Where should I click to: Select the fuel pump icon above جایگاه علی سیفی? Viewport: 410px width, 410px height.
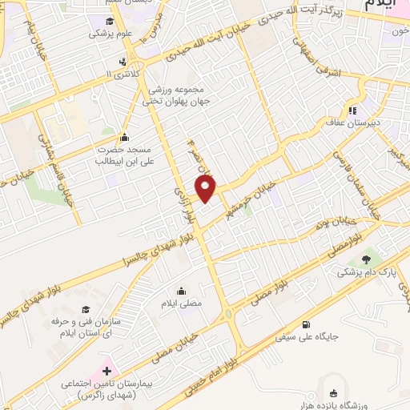(307, 324)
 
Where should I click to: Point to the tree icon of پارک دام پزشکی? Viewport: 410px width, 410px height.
(368, 259)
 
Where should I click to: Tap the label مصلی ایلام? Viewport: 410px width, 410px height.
(182, 304)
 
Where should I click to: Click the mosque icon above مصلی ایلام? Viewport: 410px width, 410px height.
(182, 291)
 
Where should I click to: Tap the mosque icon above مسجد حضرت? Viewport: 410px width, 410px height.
(123, 136)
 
